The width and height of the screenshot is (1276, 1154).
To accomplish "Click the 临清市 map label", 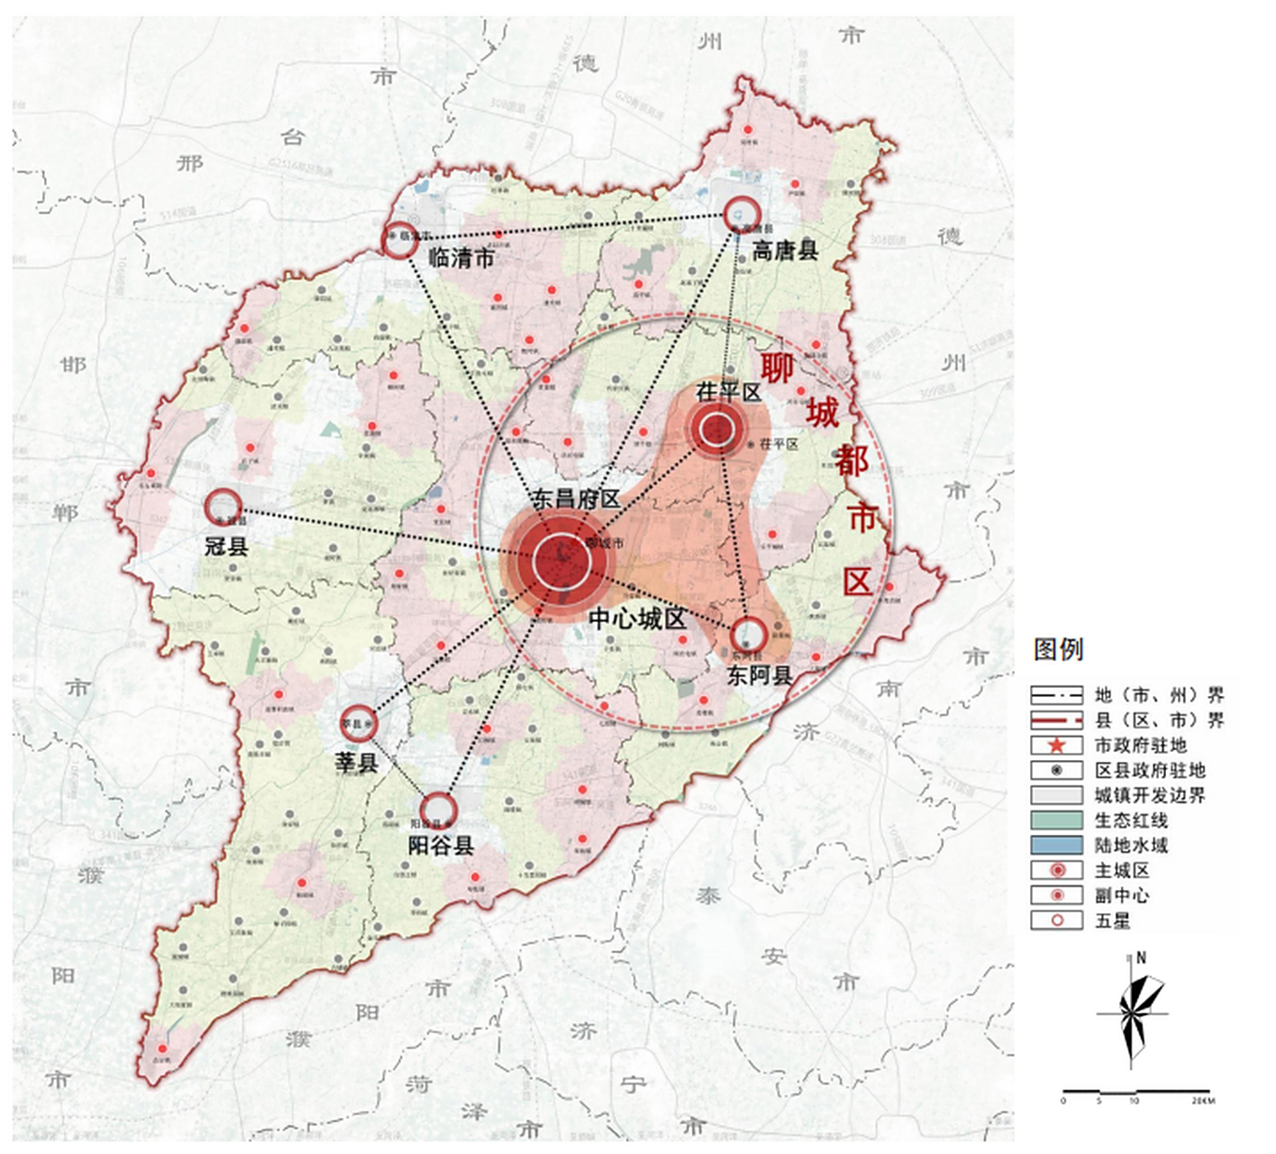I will (461, 258).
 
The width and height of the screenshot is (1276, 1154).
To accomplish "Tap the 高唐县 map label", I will (784, 252).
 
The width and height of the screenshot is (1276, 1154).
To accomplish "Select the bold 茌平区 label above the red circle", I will (728, 392).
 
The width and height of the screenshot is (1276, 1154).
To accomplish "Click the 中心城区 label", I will (636, 618).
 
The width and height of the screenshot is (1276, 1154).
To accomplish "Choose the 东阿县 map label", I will (759, 675).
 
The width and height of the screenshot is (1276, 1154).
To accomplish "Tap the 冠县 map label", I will (226, 545).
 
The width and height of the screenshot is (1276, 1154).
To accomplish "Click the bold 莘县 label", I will (357, 762).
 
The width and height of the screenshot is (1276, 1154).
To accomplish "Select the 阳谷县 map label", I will (441, 846).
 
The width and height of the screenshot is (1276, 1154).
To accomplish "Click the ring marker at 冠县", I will (223, 508).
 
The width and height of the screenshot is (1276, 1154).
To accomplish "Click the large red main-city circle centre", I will (561, 561).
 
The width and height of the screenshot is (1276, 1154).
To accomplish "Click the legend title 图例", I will (1058, 649).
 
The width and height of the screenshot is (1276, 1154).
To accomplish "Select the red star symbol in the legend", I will (1056, 746).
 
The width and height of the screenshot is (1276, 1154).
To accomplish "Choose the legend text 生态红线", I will (1131, 820).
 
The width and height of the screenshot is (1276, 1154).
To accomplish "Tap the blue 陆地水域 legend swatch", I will (1056, 846).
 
